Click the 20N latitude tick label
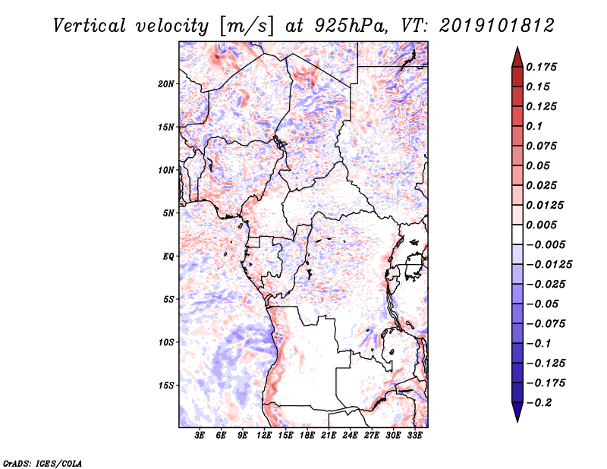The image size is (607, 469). point(165,84)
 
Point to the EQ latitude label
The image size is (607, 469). point(168,257)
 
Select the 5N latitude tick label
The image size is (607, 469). point(168,213)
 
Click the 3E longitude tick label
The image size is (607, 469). point(200,436)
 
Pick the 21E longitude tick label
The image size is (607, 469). point(329,436)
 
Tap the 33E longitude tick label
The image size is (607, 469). point(414,436)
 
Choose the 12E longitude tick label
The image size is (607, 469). point(263,436)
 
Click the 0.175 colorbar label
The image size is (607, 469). point(541,67)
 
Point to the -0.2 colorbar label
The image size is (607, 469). point(539,403)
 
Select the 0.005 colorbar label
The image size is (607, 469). point(541,225)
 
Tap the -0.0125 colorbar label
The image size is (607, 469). point(549,265)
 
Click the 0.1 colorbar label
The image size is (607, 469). point(534,126)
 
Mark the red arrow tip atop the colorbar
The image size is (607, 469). point(517,47)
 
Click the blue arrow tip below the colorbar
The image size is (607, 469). point(517,421)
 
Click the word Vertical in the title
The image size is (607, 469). point(90,26)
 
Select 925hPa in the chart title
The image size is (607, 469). point(351,26)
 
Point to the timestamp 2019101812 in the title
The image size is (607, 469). point(497,26)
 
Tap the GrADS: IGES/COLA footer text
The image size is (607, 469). point(42,463)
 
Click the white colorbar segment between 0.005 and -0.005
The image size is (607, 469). point(517,234)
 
